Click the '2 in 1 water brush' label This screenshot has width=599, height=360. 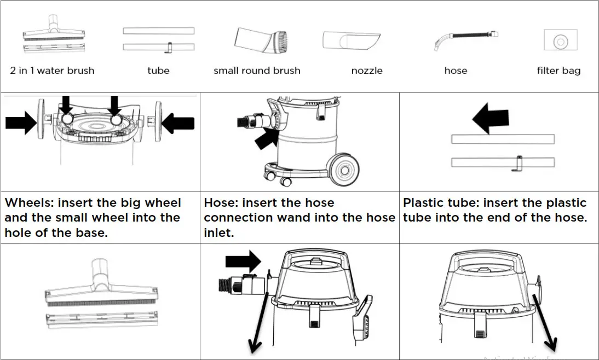tap(52, 71)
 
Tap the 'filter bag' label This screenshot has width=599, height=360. tap(558, 71)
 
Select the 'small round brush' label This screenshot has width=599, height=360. tap(257, 71)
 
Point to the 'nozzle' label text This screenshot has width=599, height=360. tap(367, 71)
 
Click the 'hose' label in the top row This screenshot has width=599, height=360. tap(456, 71)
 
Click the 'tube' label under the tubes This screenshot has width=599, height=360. tap(158, 71)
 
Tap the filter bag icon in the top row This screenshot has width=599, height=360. tap(559, 41)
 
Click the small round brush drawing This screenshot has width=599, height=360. tap(261, 39)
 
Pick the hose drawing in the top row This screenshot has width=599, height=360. tap(465, 41)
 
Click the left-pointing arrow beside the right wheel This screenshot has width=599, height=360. tap(178, 124)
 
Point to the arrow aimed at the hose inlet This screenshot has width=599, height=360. tap(267, 137)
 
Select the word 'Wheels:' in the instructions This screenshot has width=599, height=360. tap(30, 202)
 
